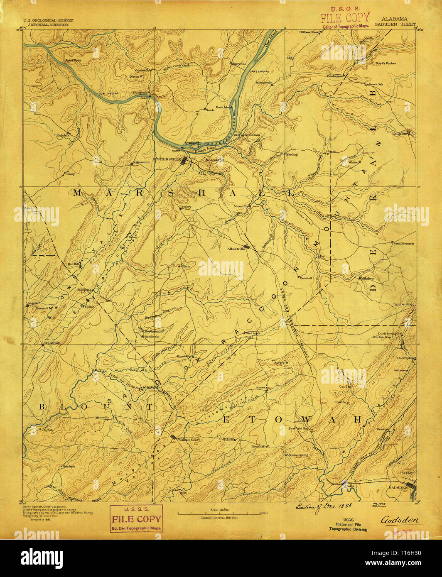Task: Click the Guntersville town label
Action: [x=165, y=159]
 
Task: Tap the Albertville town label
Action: [x=235, y=249]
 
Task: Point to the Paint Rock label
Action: [x=73, y=61]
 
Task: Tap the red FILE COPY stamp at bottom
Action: [x=136, y=519]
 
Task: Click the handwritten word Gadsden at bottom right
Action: [x=400, y=520]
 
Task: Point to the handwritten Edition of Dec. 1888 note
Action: [x=318, y=506]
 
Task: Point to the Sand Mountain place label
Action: [x=403, y=244]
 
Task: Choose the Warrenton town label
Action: [x=142, y=162]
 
